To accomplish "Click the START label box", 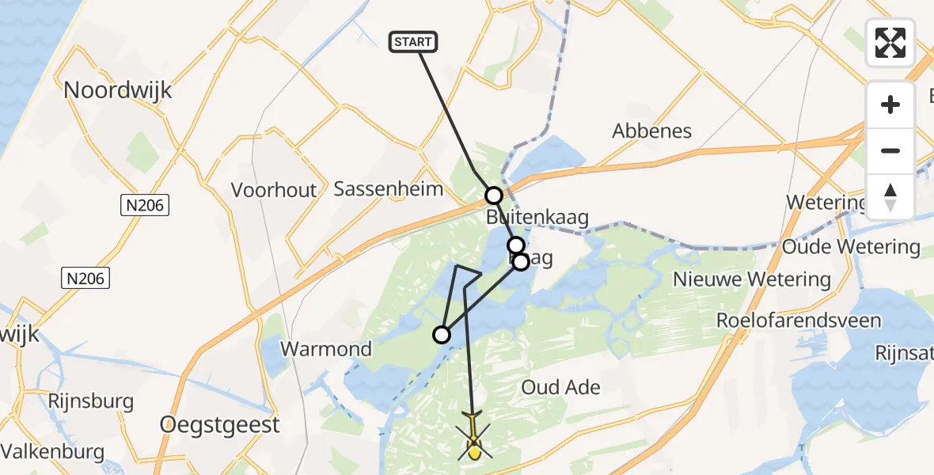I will coord(413,42).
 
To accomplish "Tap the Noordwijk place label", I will coord(118,89).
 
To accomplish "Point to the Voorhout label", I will coord(274,190).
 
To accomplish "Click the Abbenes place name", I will coord(652,131).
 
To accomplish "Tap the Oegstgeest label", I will coord(220,424).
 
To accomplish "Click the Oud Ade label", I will coord(560,387).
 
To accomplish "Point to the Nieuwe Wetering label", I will coord(752,279).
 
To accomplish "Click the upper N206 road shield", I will coord(144,206).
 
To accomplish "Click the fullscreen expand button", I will coord(890,43).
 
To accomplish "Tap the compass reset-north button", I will coord(890,196).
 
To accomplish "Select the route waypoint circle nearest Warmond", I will coord(442,335).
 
